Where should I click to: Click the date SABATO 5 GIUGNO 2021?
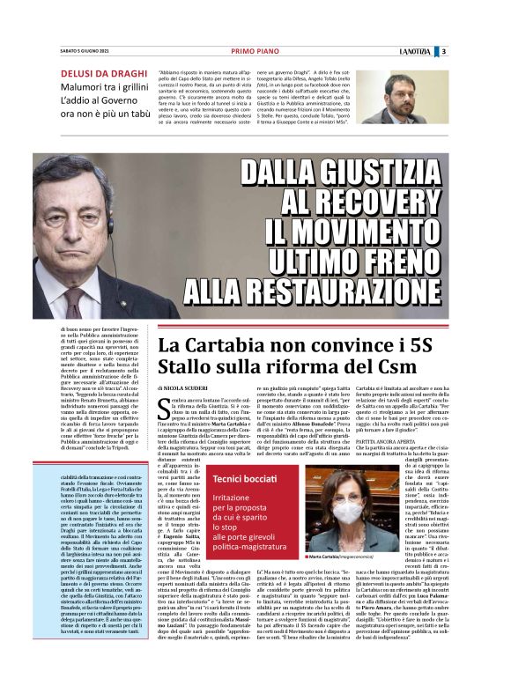pyautogui.click(x=85, y=51)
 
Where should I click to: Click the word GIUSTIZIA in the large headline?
pyautogui.click(x=371, y=171)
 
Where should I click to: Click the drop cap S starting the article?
pyautogui.click(x=165, y=407)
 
